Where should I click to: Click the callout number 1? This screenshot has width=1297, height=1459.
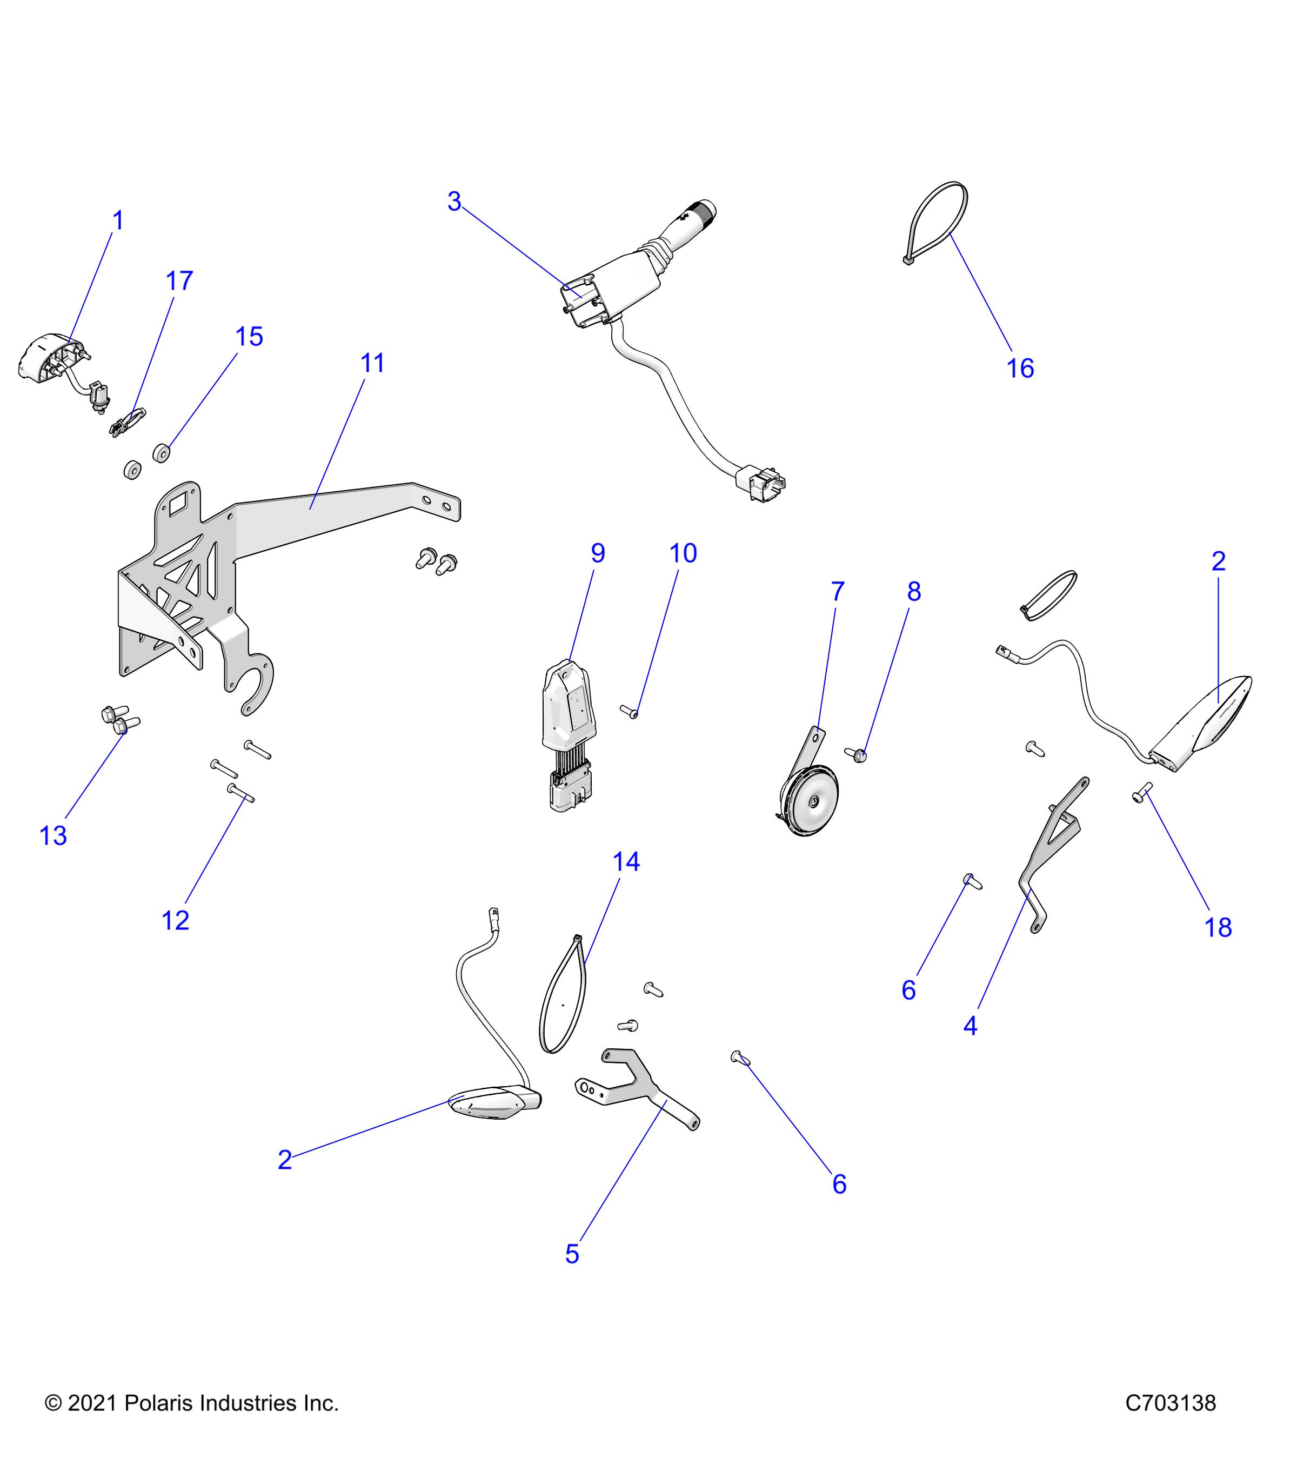click(118, 221)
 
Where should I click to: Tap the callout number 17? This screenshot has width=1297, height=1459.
click(179, 281)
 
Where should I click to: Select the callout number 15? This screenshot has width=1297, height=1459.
click(249, 337)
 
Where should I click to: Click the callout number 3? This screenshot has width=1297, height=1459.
click(454, 202)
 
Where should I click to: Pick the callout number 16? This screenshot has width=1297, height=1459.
click(1020, 369)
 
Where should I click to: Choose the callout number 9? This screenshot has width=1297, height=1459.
click(598, 553)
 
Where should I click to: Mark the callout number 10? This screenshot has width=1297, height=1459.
click(683, 553)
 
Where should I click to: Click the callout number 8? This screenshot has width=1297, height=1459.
click(914, 591)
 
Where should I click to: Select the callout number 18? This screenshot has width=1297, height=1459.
click(1219, 927)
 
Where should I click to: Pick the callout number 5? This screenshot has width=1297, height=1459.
click(572, 1254)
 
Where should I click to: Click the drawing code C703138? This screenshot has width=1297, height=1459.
click(1171, 1403)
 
